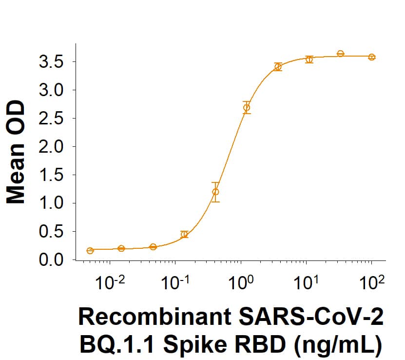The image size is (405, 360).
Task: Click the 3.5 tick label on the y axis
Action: click(51, 62)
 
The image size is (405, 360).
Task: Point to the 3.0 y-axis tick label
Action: click(51, 90)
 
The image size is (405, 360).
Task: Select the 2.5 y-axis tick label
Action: click(51, 119)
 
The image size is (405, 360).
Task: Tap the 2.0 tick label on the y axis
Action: click(51, 147)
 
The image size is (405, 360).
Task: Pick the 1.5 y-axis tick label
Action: click(51, 175)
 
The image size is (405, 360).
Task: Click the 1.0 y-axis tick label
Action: click(51, 203)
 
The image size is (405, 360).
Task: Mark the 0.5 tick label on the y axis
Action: click(51, 232)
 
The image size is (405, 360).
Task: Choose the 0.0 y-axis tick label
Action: click(51, 260)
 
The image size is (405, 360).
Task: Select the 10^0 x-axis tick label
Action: click(240, 282)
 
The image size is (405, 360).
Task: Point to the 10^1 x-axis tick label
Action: click(306, 282)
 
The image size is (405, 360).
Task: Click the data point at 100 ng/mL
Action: click(371, 57)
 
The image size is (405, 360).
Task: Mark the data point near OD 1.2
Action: click(215, 192)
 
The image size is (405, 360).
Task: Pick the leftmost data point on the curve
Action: click(90, 251)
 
